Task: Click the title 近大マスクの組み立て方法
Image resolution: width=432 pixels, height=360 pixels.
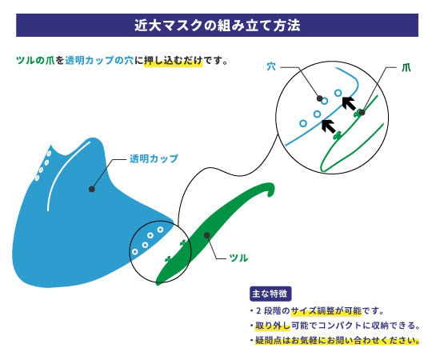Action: pyautogui.click(x=217, y=26)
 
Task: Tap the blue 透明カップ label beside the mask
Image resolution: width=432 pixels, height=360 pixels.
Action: pyautogui.click(x=154, y=158)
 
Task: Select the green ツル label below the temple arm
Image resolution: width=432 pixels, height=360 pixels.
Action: pyautogui.click(x=238, y=258)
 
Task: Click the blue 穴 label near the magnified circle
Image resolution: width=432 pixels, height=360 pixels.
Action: pyautogui.click(x=271, y=66)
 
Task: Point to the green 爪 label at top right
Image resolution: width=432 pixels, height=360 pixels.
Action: pyautogui.click(x=406, y=67)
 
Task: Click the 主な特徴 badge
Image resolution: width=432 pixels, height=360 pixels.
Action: pyautogui.click(x=270, y=294)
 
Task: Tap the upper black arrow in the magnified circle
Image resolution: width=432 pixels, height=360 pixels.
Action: pyautogui.click(x=349, y=103)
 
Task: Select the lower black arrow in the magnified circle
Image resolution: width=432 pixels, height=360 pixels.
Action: pyautogui.click(x=329, y=126)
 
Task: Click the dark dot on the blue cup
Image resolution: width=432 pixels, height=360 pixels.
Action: pyautogui.click(x=92, y=190)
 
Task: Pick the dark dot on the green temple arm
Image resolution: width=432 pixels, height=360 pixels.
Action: pyautogui.click(x=207, y=235)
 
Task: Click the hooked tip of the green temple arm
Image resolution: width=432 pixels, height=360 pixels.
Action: pyautogui.click(x=271, y=190)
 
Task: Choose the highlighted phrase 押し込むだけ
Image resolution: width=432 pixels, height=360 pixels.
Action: pyautogui.click(x=173, y=60)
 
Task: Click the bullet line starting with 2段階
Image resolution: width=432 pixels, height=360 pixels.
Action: pyautogui.click(x=317, y=311)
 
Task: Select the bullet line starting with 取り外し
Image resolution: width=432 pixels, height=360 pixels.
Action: pyautogui.click(x=334, y=326)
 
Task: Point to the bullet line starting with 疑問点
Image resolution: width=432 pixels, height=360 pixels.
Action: pyautogui.click(x=334, y=341)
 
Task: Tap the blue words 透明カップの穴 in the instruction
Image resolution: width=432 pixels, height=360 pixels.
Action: pyautogui.click(x=99, y=60)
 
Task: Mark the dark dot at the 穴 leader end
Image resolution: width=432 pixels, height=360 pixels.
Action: pyautogui.click(x=319, y=98)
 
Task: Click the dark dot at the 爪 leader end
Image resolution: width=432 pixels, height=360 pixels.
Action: pyautogui.click(x=362, y=112)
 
